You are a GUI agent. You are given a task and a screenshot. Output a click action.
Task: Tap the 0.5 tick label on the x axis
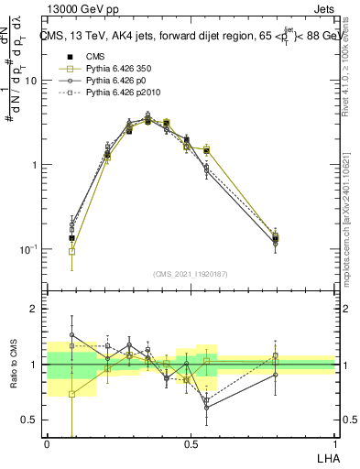(191, 442)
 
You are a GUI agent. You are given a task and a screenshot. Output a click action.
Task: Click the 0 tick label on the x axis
(47, 442)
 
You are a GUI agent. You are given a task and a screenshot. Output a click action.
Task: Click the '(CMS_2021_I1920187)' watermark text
(191, 274)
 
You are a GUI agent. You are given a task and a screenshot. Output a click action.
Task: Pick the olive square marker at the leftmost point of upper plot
(72, 251)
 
